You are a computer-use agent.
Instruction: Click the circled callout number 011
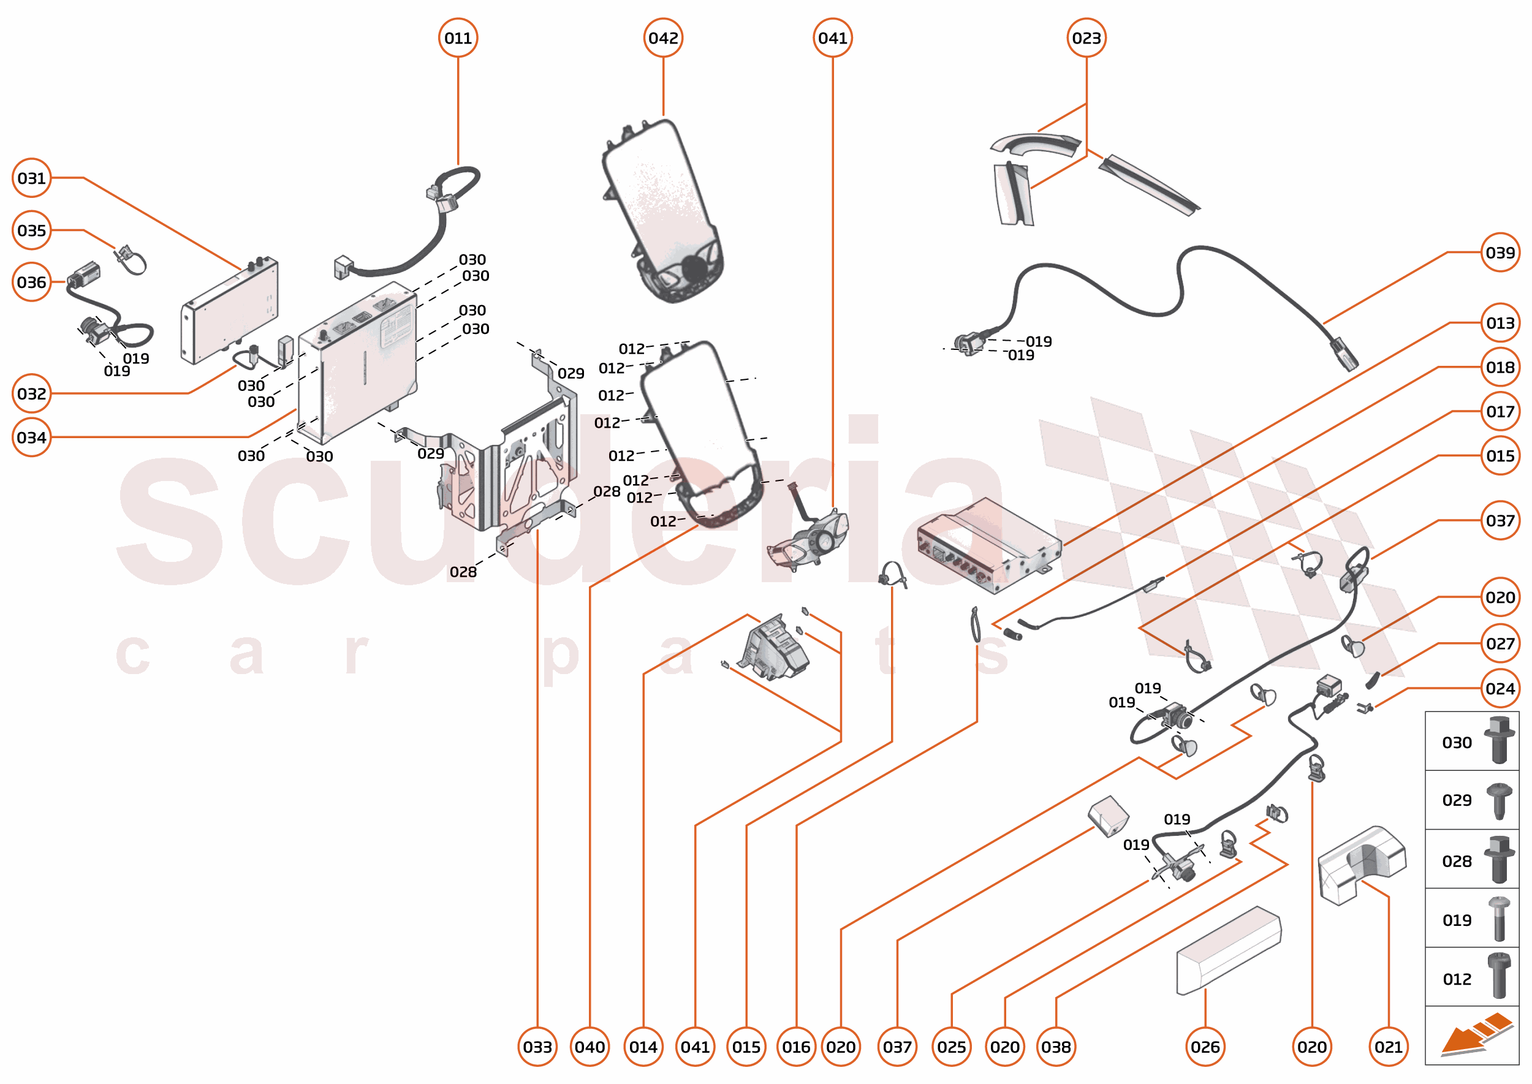pos(458,38)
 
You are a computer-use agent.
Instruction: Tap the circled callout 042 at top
pos(663,38)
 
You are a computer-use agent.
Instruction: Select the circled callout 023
pos(1086,38)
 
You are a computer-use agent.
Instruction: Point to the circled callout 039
pos(1500,253)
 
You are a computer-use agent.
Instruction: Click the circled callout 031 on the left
pos(31,178)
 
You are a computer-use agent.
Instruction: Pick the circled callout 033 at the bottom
pos(537,1047)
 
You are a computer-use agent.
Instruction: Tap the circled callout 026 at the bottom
pos(1205,1047)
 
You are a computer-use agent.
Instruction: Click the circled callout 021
pos(1389,1047)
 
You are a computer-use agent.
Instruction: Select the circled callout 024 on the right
pos(1500,688)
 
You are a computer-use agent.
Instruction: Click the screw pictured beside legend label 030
pos(1499,740)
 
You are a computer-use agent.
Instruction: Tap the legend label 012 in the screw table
pos(1457,979)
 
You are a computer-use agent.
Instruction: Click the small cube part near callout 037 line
pos(1108,815)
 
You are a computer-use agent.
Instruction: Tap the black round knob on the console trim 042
pos(694,268)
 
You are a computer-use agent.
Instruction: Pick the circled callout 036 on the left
pos(31,282)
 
